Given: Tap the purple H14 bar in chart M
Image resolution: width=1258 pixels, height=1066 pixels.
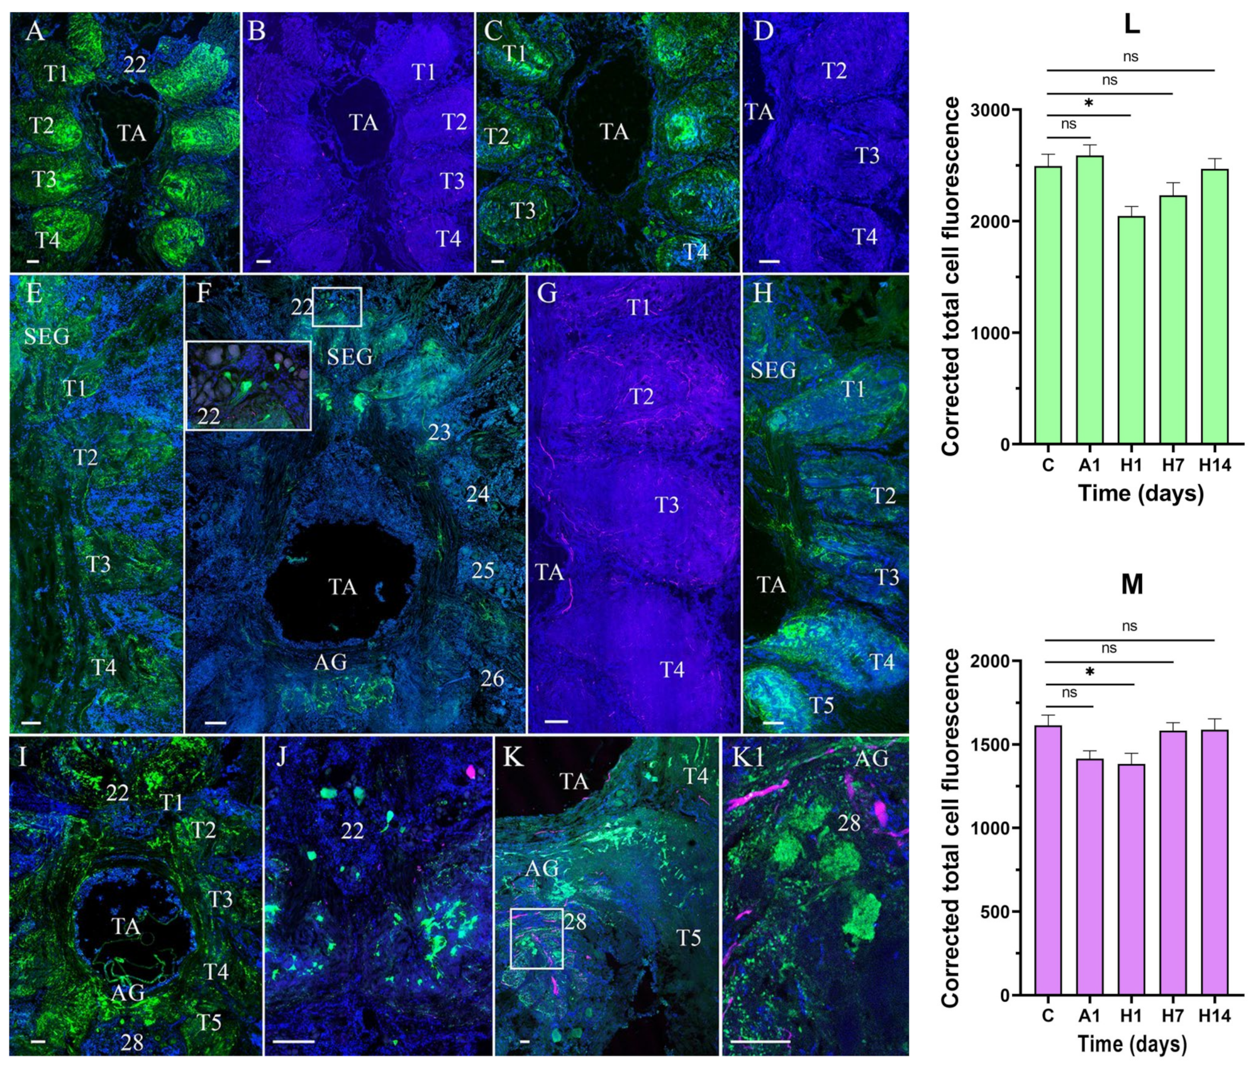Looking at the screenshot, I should click(x=1214, y=862).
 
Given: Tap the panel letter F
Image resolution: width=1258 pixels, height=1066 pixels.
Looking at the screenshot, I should click(x=203, y=293).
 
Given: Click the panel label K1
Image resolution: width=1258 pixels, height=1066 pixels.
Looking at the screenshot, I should click(x=748, y=758).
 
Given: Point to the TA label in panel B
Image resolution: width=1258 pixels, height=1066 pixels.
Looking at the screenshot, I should click(x=364, y=123).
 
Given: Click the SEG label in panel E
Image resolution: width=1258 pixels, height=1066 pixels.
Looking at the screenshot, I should click(x=47, y=336).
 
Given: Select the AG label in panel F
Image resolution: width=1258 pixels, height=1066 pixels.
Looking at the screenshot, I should click(x=330, y=662).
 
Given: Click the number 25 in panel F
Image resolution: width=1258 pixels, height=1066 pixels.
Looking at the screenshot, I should click(x=482, y=570).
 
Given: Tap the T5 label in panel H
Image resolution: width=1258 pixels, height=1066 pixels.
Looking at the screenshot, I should click(x=821, y=705).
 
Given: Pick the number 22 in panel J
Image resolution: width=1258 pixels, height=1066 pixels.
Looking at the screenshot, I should click(x=352, y=831).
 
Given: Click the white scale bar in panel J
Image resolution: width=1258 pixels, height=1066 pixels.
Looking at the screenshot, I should click(x=293, y=1041).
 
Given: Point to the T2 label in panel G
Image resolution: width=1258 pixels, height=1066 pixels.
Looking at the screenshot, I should click(x=642, y=397).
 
